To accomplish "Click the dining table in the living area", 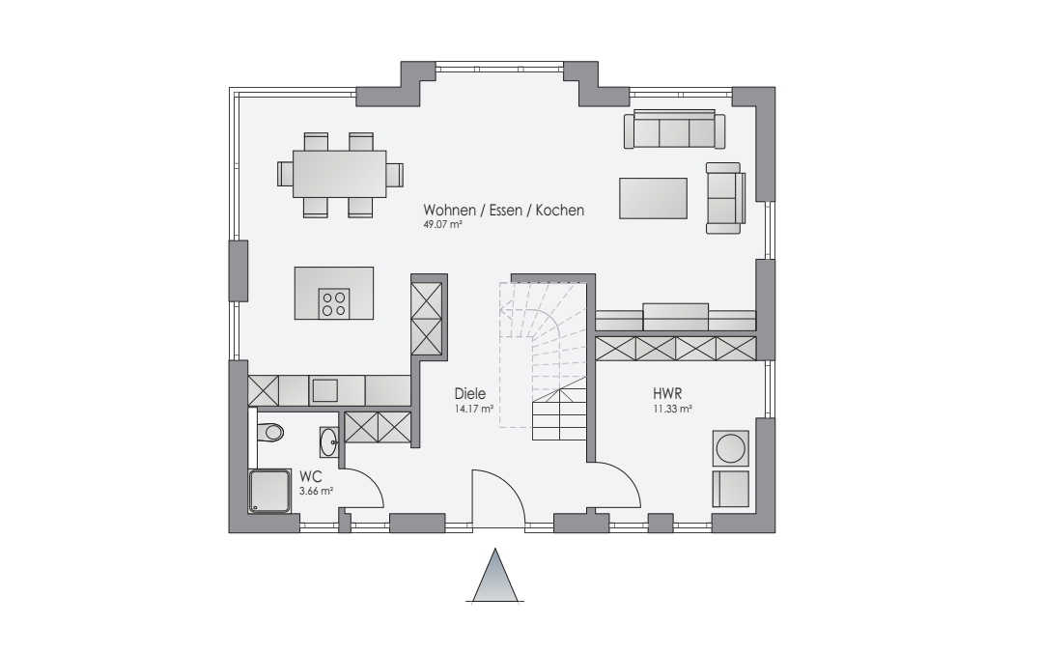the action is [339, 174].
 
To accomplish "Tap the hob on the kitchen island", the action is [334, 303].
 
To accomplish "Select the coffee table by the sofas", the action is [653, 198].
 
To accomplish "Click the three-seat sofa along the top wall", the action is [674, 128].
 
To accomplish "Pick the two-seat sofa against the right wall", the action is [725, 198].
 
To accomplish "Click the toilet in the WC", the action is [270, 433].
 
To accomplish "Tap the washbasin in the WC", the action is [328, 441].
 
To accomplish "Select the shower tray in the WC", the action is [270, 491].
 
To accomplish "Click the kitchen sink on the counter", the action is [325, 390].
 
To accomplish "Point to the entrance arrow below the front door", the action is [495, 576].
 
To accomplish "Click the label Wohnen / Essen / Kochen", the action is [504, 210].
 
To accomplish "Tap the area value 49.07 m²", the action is [443, 224].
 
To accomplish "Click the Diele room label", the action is [470, 393].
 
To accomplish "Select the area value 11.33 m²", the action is [672, 410].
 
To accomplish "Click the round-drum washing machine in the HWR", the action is [730, 448].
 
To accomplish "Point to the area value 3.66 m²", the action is [316, 492].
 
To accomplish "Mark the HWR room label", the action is [668, 394].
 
